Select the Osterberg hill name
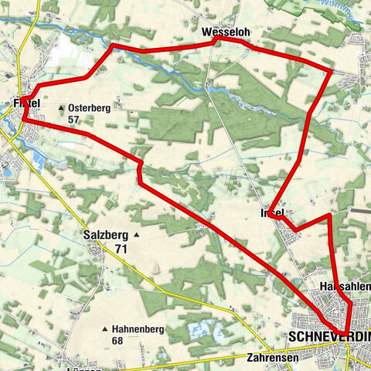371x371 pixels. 90,108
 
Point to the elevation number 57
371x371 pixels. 74,121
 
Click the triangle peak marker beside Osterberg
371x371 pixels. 61,108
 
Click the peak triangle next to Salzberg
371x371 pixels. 136,234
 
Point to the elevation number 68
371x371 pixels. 118,340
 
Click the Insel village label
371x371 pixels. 273,212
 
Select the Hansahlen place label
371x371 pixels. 345,287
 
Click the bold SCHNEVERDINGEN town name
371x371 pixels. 328,338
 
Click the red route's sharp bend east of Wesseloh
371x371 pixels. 332,71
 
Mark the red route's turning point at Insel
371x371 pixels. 270,216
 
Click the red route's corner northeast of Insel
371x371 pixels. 330,216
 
